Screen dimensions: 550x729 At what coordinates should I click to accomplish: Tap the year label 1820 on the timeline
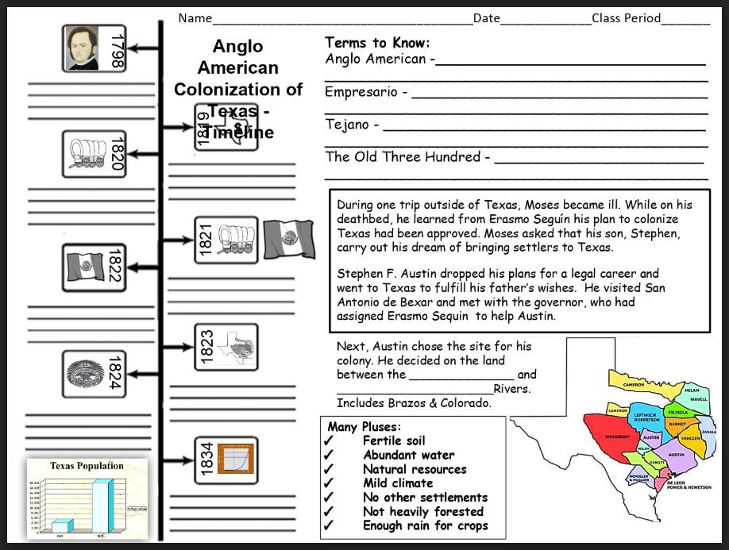pos(116,154)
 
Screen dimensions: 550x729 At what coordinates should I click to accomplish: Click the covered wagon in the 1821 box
pos(236,240)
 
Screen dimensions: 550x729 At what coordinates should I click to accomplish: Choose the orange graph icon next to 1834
pos(235,460)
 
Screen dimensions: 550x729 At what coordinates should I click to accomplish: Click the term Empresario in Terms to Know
pos(361,92)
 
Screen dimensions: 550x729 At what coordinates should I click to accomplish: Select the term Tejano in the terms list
pos(347,125)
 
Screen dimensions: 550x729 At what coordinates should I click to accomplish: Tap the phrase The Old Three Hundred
pos(403,156)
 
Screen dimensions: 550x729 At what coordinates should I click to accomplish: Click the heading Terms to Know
pos(377,43)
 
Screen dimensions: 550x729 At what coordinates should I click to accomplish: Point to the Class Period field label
pos(626,18)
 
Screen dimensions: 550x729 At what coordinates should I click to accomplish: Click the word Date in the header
pos(487,18)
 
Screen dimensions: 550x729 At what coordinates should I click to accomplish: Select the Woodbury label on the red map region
pos(617,437)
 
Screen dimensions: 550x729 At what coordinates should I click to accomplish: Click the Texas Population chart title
pos(87,466)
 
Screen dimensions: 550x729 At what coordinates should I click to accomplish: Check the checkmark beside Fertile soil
pos(329,441)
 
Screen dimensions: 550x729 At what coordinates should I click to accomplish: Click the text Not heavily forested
pos(422,512)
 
